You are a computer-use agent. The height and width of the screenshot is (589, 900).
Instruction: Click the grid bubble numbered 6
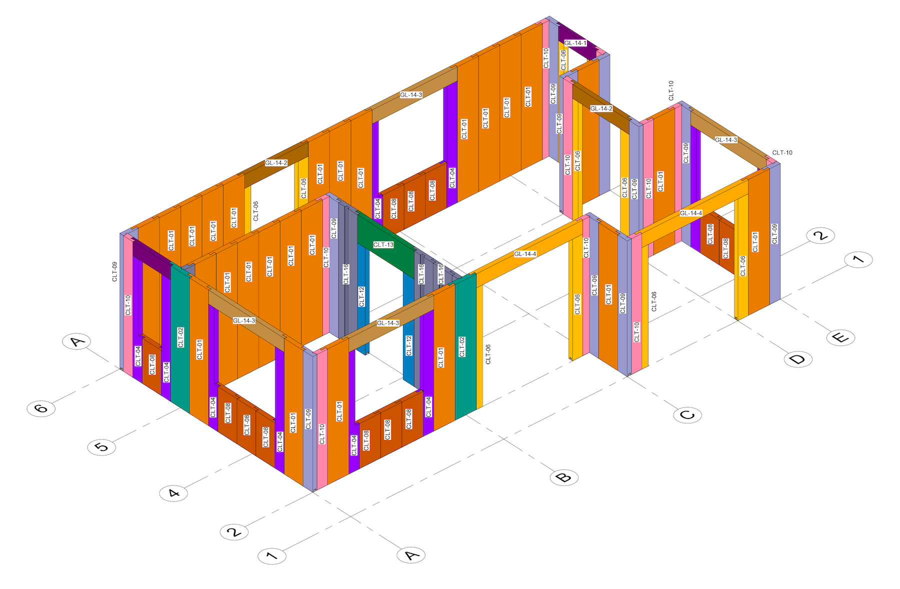click(41, 408)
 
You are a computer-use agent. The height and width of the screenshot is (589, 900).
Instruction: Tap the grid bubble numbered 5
click(102, 446)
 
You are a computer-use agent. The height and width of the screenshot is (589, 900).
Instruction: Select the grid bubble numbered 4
click(173, 493)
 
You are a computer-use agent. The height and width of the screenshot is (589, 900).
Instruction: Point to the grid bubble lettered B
click(564, 477)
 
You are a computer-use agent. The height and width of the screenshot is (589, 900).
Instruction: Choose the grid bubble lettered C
click(687, 414)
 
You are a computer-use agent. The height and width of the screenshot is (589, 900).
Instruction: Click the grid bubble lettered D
click(798, 358)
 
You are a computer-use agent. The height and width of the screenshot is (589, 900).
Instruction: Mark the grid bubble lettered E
click(841, 337)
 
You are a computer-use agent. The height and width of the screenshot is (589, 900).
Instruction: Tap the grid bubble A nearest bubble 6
click(76, 341)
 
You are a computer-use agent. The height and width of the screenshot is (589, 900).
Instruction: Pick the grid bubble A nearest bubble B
click(411, 554)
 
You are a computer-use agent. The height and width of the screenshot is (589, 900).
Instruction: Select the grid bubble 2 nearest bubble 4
click(234, 532)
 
